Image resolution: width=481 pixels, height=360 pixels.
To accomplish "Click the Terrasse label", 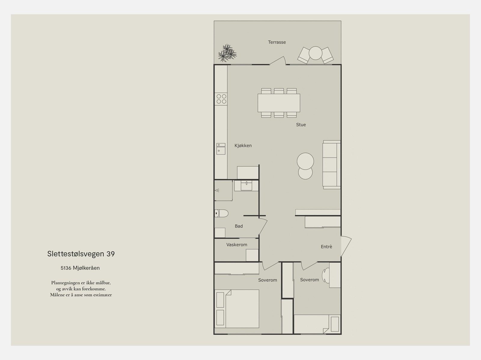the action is click(x=277, y=42).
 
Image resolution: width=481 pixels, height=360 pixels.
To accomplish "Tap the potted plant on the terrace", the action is click(x=227, y=53).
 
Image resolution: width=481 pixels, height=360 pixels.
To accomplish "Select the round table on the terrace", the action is click(x=315, y=53).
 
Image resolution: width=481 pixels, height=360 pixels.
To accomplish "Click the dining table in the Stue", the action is click(x=279, y=103).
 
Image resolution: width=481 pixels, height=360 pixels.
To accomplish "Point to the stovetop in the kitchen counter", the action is click(x=221, y=99).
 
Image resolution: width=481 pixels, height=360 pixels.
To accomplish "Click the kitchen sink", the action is click(x=221, y=149).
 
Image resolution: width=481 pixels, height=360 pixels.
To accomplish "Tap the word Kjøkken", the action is click(x=243, y=146).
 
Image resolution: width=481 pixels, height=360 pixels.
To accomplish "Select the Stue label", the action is click(x=301, y=125).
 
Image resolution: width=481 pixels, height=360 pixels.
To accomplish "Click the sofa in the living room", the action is click(x=332, y=165).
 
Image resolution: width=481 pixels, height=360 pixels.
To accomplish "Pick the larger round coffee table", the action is click(x=305, y=161).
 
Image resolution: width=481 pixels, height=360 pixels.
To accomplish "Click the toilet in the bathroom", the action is click(x=221, y=213).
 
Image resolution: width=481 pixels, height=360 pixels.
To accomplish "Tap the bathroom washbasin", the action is click(x=246, y=186).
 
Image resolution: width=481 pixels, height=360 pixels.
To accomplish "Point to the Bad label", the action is click(x=239, y=226).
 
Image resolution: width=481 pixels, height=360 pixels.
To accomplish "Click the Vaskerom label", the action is click(x=237, y=245).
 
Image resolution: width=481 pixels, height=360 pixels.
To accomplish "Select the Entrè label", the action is click(x=326, y=247).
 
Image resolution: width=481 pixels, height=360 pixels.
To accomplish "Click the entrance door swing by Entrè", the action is click(x=346, y=246).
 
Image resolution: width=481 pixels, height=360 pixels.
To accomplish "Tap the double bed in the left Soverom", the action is click(x=237, y=309).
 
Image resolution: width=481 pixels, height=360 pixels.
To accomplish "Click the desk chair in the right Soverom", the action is click(x=325, y=276).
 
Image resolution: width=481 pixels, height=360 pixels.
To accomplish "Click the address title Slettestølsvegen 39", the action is click(x=81, y=254).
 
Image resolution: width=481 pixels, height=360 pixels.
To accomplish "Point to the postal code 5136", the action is click(x=66, y=268).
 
